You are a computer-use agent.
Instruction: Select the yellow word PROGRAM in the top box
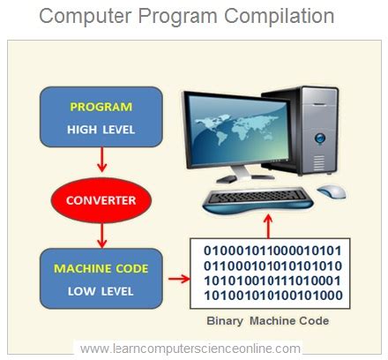click(101, 108)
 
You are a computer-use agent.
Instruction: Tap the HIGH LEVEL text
click(101, 129)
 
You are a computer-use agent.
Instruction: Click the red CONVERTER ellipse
click(102, 200)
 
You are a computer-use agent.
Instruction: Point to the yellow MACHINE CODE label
click(101, 268)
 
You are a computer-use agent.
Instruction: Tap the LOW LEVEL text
click(101, 290)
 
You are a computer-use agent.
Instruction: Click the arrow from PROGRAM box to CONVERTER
click(102, 161)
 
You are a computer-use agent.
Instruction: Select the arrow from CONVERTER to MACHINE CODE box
click(102, 234)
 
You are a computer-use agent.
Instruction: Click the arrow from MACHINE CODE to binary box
click(177, 280)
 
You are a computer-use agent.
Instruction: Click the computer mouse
click(332, 191)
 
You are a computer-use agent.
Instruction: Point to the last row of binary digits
click(278, 296)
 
